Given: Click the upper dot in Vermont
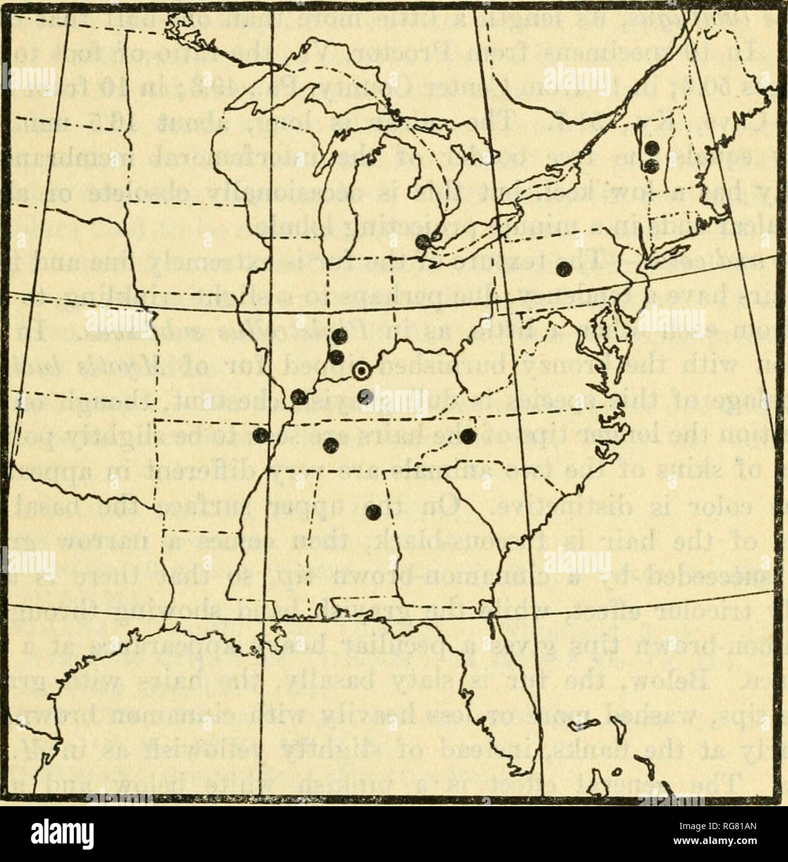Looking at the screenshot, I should (x=651, y=148).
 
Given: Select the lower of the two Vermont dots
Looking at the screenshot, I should (x=651, y=165).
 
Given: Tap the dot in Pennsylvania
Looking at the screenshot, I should (x=564, y=269).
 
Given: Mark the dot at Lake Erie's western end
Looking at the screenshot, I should (x=423, y=242).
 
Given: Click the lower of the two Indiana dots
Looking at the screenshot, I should (x=337, y=357).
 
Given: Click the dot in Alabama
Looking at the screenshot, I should (x=373, y=512).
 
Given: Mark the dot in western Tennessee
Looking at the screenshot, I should (x=332, y=443).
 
